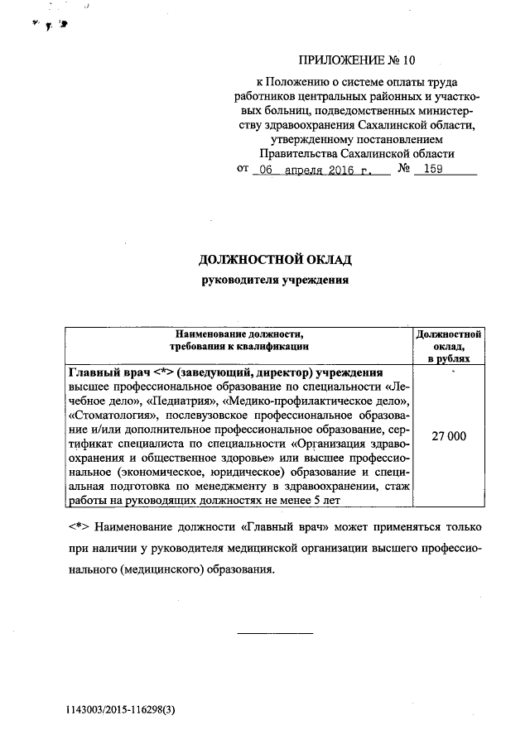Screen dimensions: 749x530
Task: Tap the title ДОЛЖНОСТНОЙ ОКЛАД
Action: (276, 260)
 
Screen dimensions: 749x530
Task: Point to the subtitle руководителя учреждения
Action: (276, 280)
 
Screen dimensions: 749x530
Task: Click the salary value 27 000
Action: (448, 436)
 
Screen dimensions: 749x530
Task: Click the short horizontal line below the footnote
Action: (276, 633)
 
